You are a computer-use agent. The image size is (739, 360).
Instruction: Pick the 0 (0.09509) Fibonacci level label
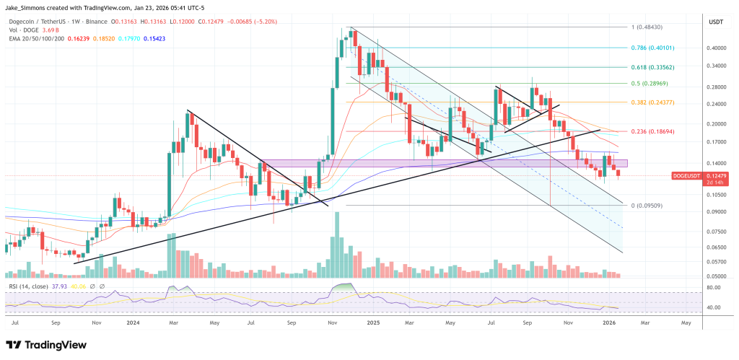pos(648,206)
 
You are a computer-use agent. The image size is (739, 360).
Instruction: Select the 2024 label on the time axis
pos(132,324)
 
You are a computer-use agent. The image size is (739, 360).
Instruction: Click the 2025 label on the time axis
pos(372,324)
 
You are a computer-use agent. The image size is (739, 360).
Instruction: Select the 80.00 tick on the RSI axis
pos(715,287)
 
